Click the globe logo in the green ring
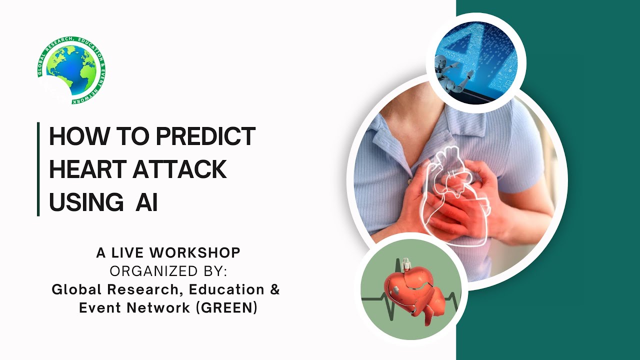[x=71, y=70]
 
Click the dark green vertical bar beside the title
[x=38, y=169]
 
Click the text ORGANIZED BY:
[x=168, y=271]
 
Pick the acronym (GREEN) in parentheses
[x=226, y=308]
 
